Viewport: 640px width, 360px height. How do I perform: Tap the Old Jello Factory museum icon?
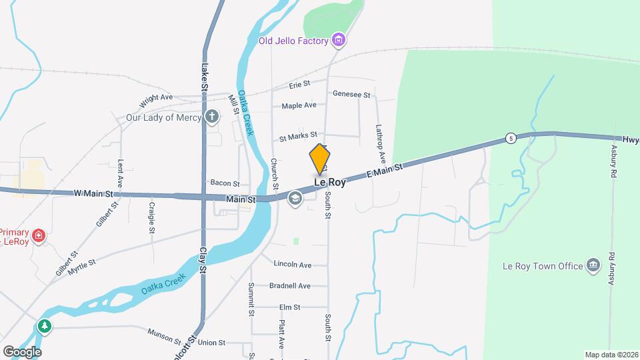point(339,41)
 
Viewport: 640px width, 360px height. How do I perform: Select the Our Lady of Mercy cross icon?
point(212,117)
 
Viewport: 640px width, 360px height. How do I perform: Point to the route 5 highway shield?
point(510,138)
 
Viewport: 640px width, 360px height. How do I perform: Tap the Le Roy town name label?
point(329,182)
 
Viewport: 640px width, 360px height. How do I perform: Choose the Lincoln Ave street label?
point(292,265)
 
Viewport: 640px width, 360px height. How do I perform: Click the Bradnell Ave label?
point(290,286)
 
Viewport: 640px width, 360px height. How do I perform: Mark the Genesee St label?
point(351,95)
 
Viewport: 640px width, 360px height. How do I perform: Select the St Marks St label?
point(298,135)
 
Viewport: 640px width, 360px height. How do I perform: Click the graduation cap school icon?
point(294,198)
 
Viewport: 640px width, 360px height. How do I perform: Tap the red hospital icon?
point(39,235)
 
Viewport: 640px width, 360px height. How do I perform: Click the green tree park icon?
point(45,326)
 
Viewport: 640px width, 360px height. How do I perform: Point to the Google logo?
point(21,351)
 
